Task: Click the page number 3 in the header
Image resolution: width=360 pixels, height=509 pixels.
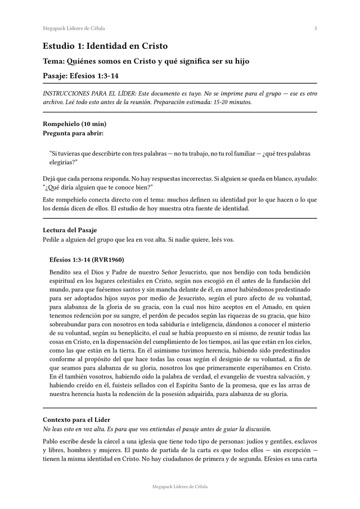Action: [316, 28]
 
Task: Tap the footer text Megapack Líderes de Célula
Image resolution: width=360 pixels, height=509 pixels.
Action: [179, 487]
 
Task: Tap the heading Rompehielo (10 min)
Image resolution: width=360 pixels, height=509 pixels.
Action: [75, 124]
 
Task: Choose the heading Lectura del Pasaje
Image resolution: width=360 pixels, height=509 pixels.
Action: [70, 230]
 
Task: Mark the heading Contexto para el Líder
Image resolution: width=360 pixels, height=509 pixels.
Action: [76, 420]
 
